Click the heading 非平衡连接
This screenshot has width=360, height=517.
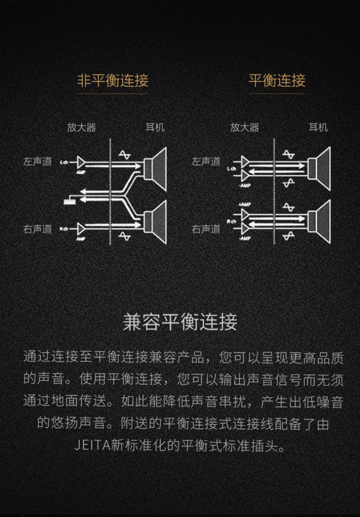point(113,80)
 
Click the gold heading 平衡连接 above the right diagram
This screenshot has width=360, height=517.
point(277,80)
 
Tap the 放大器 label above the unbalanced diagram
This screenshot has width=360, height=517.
point(82,128)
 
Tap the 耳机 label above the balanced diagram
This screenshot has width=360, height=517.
point(318,128)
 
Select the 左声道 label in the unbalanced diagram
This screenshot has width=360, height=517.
point(37,162)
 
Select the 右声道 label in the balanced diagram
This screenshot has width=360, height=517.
point(206,229)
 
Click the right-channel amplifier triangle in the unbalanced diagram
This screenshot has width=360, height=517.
point(81,228)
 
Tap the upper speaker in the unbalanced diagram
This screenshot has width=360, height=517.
point(156,165)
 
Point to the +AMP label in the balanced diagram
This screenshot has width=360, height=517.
point(245,204)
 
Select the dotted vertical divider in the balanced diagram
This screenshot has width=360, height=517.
point(274,192)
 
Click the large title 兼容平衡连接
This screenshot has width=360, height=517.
point(180,322)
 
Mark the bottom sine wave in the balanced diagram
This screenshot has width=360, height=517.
point(288,236)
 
